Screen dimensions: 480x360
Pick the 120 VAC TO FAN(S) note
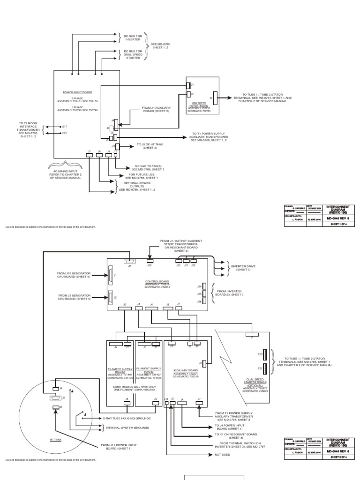141,167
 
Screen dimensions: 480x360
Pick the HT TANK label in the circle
55,440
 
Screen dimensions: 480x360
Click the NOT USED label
222,454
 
